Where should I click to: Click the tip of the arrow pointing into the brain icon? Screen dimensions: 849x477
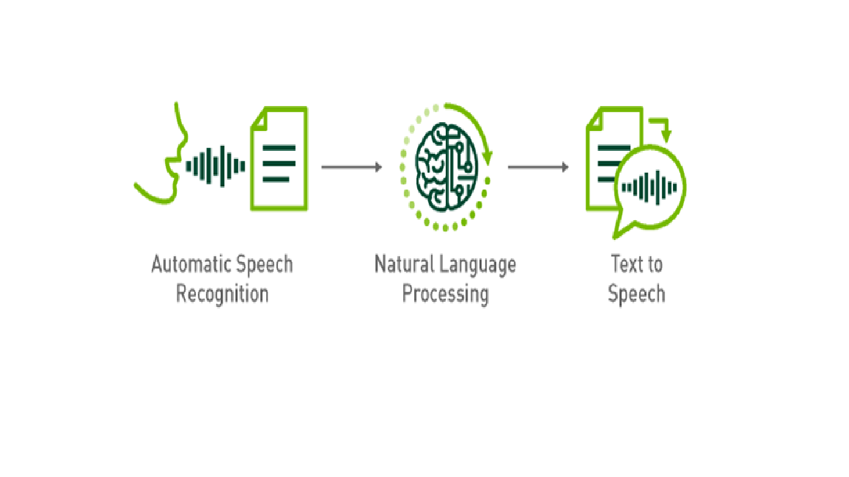(382, 167)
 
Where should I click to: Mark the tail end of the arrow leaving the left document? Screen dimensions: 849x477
(321, 167)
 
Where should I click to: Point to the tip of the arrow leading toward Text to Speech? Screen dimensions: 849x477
(569, 167)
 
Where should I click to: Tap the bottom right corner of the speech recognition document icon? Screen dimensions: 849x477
(307, 210)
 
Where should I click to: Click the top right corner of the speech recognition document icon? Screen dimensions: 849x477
(307, 107)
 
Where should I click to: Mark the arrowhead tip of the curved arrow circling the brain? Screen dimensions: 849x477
(487, 164)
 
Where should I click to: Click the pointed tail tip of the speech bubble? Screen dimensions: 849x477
(613, 238)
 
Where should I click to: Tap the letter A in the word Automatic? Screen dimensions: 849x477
(157, 264)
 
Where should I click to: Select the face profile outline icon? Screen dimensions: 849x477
(161, 153)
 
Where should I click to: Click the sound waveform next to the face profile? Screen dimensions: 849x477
(215, 166)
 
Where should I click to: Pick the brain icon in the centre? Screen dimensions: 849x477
(446, 167)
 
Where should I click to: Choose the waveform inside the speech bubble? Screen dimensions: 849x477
(649, 188)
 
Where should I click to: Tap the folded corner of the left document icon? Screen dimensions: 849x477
(259, 120)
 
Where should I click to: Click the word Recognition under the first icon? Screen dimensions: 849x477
(223, 294)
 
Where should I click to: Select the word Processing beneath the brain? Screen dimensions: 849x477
(446, 294)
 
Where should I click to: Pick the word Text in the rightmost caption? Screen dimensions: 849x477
(626, 264)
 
